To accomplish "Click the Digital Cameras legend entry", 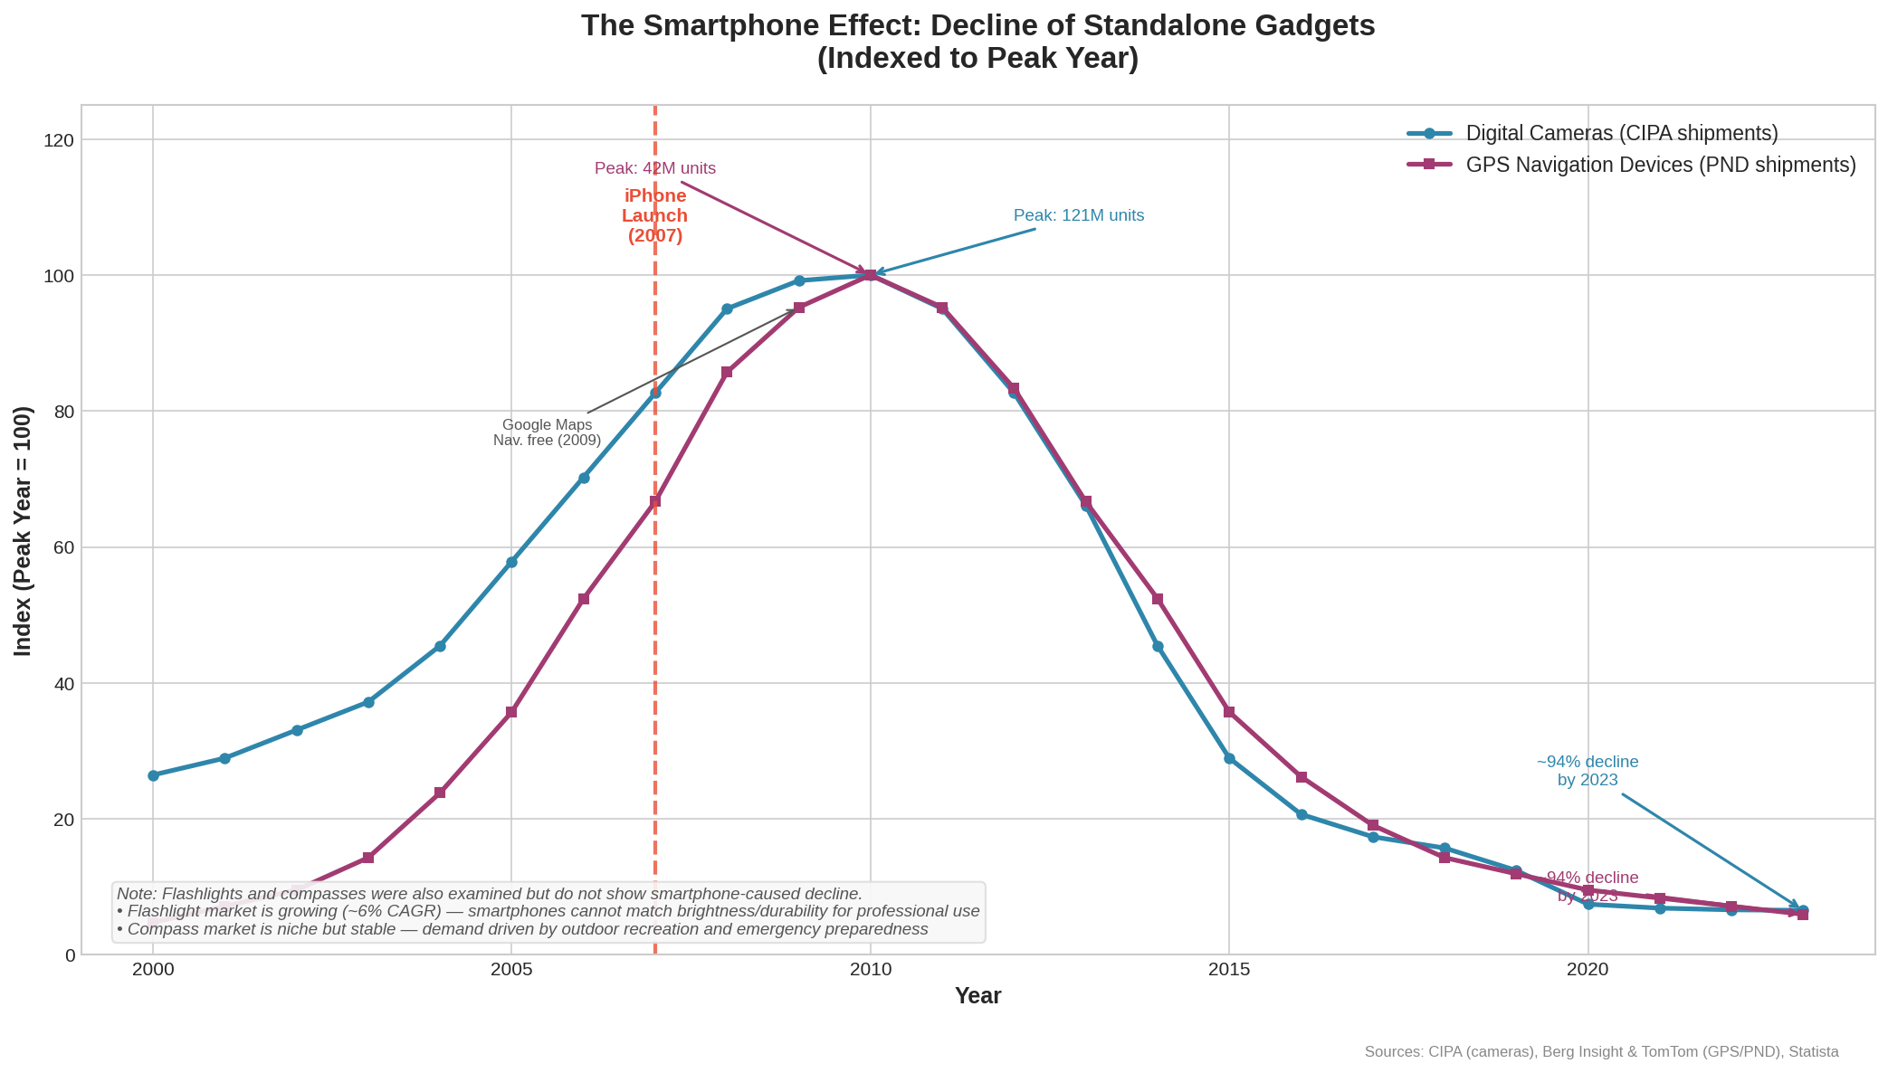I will (x=1620, y=134).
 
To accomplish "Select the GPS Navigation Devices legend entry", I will (x=1660, y=165).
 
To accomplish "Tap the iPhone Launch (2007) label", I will (x=655, y=216).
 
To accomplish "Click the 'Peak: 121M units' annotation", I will (x=1078, y=216).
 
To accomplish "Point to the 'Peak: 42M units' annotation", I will (x=655, y=169).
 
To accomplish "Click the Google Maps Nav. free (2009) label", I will (x=547, y=432).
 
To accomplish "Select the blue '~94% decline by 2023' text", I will (x=1588, y=771).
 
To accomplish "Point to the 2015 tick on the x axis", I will (x=1228, y=970).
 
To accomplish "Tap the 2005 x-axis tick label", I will (x=511, y=970).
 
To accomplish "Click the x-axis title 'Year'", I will (x=977, y=996).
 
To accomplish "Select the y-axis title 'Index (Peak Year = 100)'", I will (x=24, y=531).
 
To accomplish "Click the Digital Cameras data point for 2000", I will (x=153, y=775).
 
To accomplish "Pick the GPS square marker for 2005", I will (x=511, y=712).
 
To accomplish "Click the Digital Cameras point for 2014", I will (x=1158, y=646).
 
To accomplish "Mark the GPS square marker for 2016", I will (x=1301, y=777).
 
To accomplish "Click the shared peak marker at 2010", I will (x=870, y=275).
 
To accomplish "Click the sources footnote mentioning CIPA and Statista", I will (x=1600, y=1052).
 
